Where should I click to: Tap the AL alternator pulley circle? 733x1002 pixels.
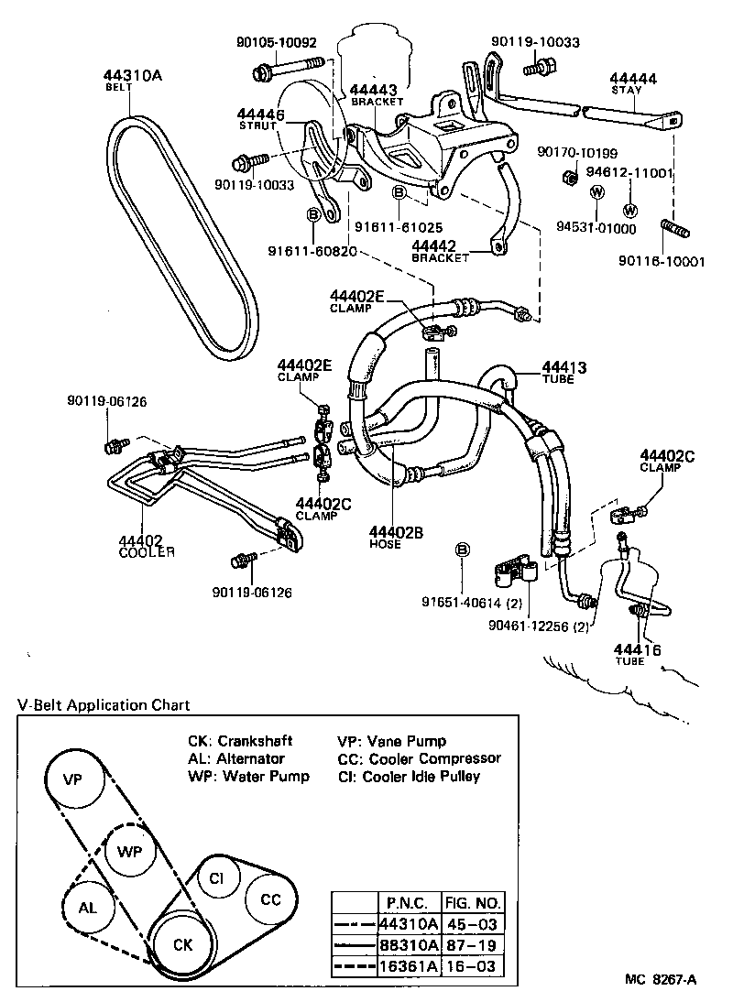(88, 907)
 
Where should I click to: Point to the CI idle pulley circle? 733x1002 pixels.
(216, 877)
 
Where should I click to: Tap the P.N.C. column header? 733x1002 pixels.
(409, 899)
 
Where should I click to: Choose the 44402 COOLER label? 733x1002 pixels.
(147, 546)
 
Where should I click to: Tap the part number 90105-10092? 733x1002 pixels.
(274, 42)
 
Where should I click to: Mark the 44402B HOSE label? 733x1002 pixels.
(397, 536)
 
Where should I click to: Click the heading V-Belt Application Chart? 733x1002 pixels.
(104, 704)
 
